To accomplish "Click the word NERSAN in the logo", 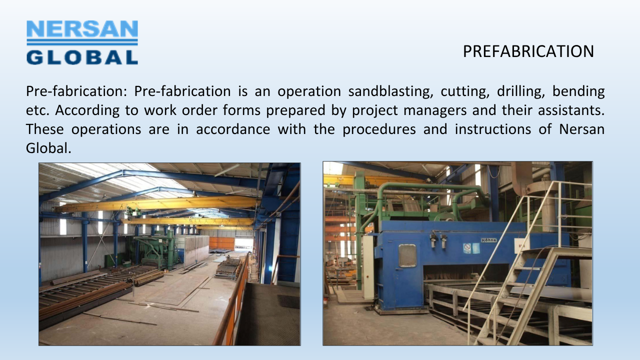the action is (82, 29).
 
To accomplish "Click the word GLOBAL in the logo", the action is (82, 57).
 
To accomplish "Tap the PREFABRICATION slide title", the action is (528, 51).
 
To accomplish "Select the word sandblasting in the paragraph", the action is (389, 91).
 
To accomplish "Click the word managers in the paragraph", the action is (435, 110).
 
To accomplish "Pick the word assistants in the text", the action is (571, 110).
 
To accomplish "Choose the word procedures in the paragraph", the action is (379, 129).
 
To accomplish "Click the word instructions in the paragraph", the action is (493, 129).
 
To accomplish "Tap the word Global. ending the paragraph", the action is (48, 148).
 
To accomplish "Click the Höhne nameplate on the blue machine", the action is (488, 240).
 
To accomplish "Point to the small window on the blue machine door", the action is (407, 255).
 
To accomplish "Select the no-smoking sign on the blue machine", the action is (467, 248).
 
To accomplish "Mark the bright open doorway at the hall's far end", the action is (243, 244).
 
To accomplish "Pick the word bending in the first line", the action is (578, 91).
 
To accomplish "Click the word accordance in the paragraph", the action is (233, 129).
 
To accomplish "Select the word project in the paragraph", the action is (375, 110).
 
